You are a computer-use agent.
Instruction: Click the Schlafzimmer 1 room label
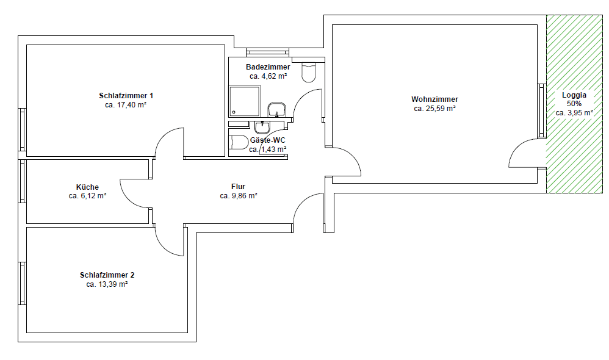(126, 96)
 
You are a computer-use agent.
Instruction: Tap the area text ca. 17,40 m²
(126, 105)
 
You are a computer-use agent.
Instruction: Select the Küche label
(87, 187)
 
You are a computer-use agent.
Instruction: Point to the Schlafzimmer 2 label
(107, 275)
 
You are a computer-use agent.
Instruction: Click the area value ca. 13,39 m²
(107, 284)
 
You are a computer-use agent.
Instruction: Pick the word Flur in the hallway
(238, 187)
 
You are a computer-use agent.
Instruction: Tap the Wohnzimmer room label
(434, 99)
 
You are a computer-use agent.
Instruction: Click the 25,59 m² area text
(434, 109)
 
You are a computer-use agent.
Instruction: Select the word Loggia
(574, 95)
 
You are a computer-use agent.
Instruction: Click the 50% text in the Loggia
(574, 104)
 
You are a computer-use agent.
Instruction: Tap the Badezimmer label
(268, 67)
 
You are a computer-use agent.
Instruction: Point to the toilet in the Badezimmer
(309, 73)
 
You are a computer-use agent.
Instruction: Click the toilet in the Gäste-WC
(238, 143)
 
